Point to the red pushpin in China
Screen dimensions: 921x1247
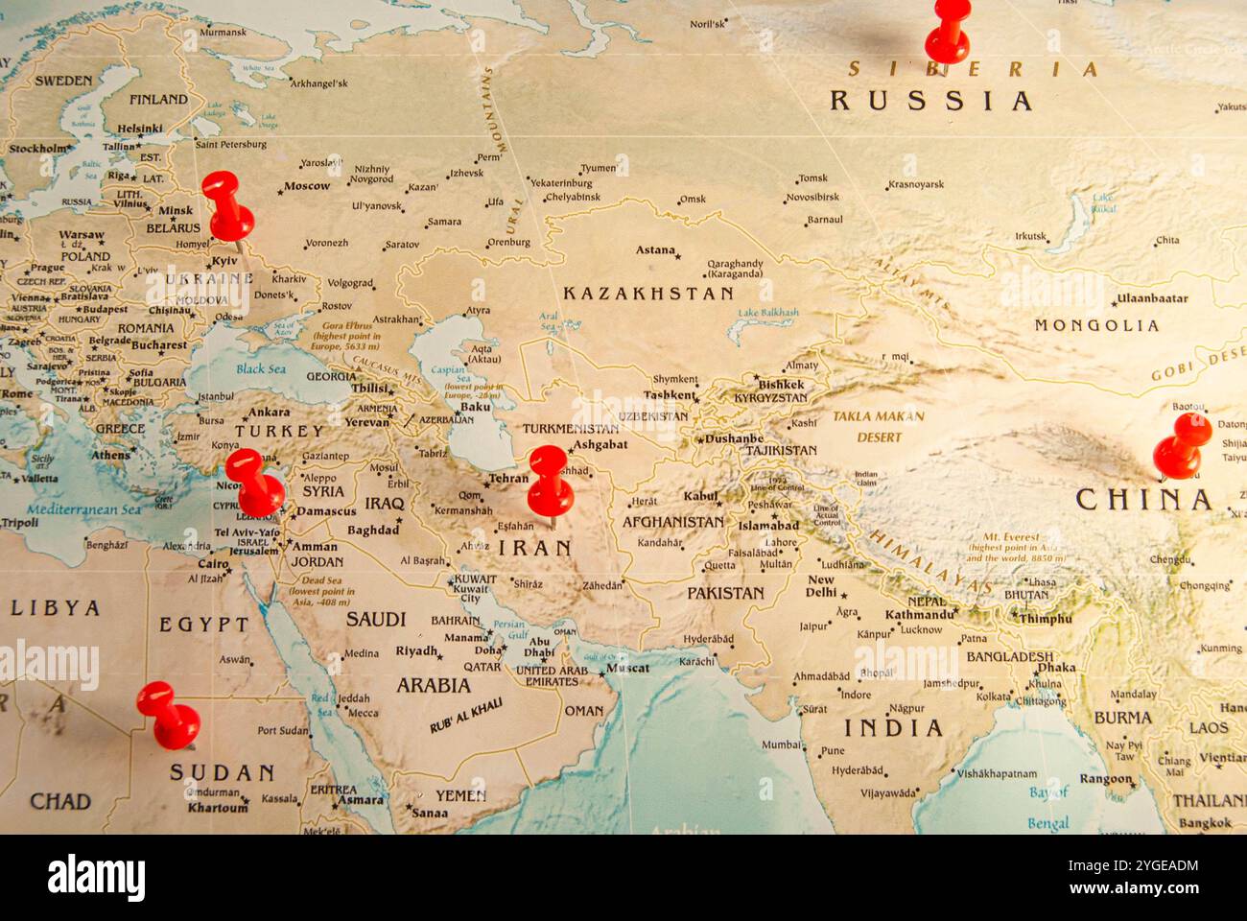coord(1182,446)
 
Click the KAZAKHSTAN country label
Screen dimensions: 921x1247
coord(648,294)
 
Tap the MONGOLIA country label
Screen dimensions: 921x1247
coord(1096,325)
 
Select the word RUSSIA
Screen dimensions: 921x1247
coord(930,101)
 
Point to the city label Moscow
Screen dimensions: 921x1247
coord(307,186)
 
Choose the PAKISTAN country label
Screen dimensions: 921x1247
coord(725,593)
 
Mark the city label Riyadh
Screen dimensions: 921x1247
coord(416,651)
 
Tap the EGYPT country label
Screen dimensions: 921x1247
coord(204,625)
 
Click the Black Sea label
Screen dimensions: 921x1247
coord(261,369)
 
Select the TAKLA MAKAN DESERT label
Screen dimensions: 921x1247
coord(878,427)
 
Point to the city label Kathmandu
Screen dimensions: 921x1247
coord(919,615)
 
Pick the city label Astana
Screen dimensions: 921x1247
coord(656,250)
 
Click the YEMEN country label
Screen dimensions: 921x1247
coord(460,795)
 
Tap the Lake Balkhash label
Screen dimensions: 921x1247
coord(768,313)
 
